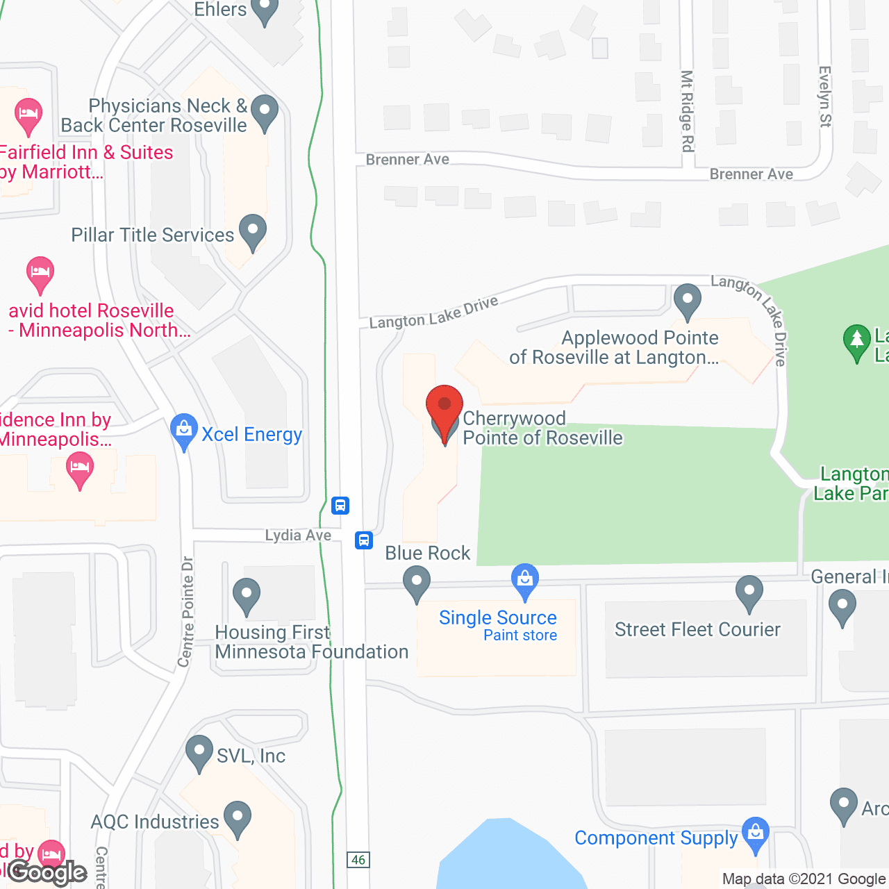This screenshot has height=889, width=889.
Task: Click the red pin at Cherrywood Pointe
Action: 444,406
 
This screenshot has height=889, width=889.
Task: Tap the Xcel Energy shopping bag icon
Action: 184,431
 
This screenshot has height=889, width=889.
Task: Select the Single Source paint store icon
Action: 525,581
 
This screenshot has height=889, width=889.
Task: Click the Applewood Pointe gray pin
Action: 688,301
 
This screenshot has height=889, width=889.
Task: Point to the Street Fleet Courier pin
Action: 749,593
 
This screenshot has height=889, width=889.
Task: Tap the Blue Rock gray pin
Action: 417,583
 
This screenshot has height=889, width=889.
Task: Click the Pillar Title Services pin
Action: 253,232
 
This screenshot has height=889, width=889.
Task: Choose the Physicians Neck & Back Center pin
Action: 265,112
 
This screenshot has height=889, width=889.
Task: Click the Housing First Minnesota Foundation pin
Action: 247,596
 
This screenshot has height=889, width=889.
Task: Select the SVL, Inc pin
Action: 199,753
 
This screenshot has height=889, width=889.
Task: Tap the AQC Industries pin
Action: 238,818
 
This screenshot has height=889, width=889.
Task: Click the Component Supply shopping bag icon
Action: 756,835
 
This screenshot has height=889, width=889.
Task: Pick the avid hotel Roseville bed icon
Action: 40,274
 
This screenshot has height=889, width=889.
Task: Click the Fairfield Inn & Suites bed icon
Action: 28,116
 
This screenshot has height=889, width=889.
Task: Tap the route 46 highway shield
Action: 358,860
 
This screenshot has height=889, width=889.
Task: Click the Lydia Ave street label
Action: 298,535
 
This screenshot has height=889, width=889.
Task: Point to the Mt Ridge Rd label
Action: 687,110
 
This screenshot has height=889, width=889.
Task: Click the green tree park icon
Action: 856,342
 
